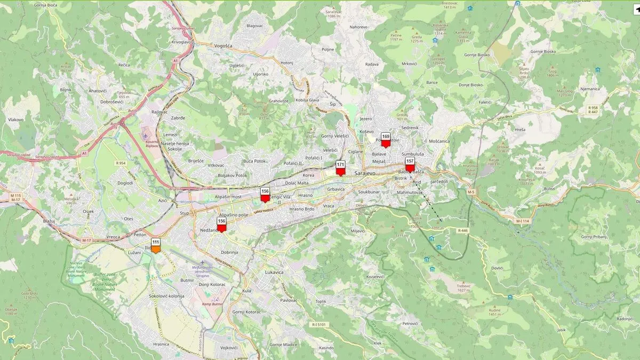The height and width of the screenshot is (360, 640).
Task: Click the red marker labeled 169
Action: pyautogui.click(x=386, y=140)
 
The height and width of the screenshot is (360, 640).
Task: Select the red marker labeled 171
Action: pyautogui.click(x=340, y=168)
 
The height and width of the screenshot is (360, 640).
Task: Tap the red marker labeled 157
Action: pyautogui.click(x=410, y=164)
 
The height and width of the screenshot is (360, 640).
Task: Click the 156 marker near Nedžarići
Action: pyautogui.click(x=222, y=224)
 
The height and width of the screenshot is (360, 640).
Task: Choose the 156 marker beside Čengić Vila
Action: pyautogui.click(x=265, y=195)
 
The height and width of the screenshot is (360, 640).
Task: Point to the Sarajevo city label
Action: pyautogui.click(x=365, y=174)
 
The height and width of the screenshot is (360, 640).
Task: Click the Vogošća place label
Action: pyautogui.click(x=223, y=46)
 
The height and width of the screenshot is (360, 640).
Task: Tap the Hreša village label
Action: pyautogui.click(x=520, y=130)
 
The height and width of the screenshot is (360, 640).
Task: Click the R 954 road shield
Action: pyautogui.click(x=120, y=163)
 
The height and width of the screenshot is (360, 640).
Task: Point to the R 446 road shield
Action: pyautogui.click(x=462, y=230)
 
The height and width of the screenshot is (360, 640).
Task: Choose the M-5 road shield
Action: pyautogui.click(x=470, y=191)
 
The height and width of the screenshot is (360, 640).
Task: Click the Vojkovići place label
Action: pyautogui.click(x=228, y=347)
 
